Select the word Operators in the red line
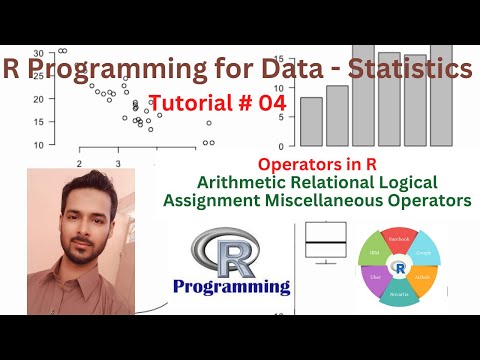296,163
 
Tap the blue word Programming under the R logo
232,287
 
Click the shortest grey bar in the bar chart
311,120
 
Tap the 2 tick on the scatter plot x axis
78,163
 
